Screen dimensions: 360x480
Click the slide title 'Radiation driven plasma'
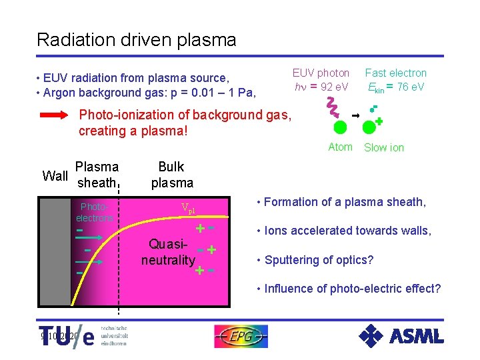pos(137,40)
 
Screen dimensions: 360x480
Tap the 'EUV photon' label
pos(321,73)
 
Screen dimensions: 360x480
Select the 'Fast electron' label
pos(395,73)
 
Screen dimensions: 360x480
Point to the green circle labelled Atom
pos(340,128)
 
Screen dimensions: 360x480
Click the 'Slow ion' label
pos(383,147)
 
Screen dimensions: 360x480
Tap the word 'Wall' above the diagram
pos(55,176)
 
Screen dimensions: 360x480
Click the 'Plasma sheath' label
pos(97,175)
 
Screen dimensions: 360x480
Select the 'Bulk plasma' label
pos(171,175)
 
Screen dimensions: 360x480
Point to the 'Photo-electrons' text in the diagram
pos(95,212)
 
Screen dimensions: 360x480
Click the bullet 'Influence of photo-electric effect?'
pos(349,289)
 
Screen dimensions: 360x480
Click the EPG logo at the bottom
pos(241,336)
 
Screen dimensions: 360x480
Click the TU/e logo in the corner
pos(67,337)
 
